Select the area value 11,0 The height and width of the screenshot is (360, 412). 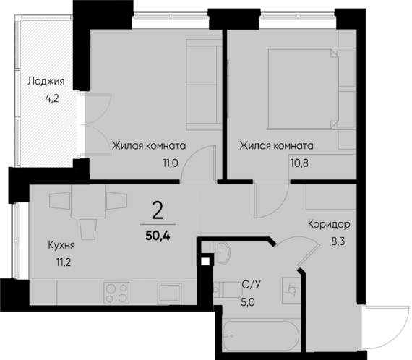click(170, 163)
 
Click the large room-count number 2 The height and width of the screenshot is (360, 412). click(158, 211)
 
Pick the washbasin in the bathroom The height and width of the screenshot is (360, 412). click(223, 251)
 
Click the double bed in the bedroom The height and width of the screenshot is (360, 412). click(301, 90)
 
